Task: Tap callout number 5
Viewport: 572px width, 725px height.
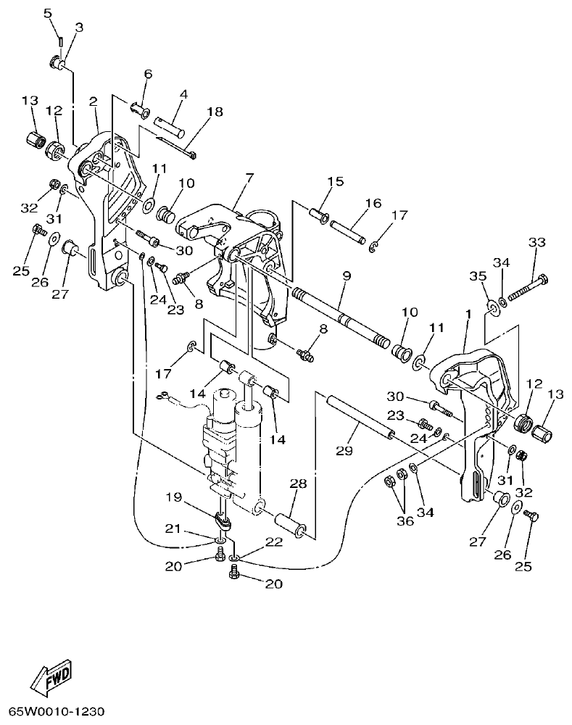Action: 48,13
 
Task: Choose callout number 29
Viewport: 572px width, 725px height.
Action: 344,450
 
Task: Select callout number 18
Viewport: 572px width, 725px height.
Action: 215,112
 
